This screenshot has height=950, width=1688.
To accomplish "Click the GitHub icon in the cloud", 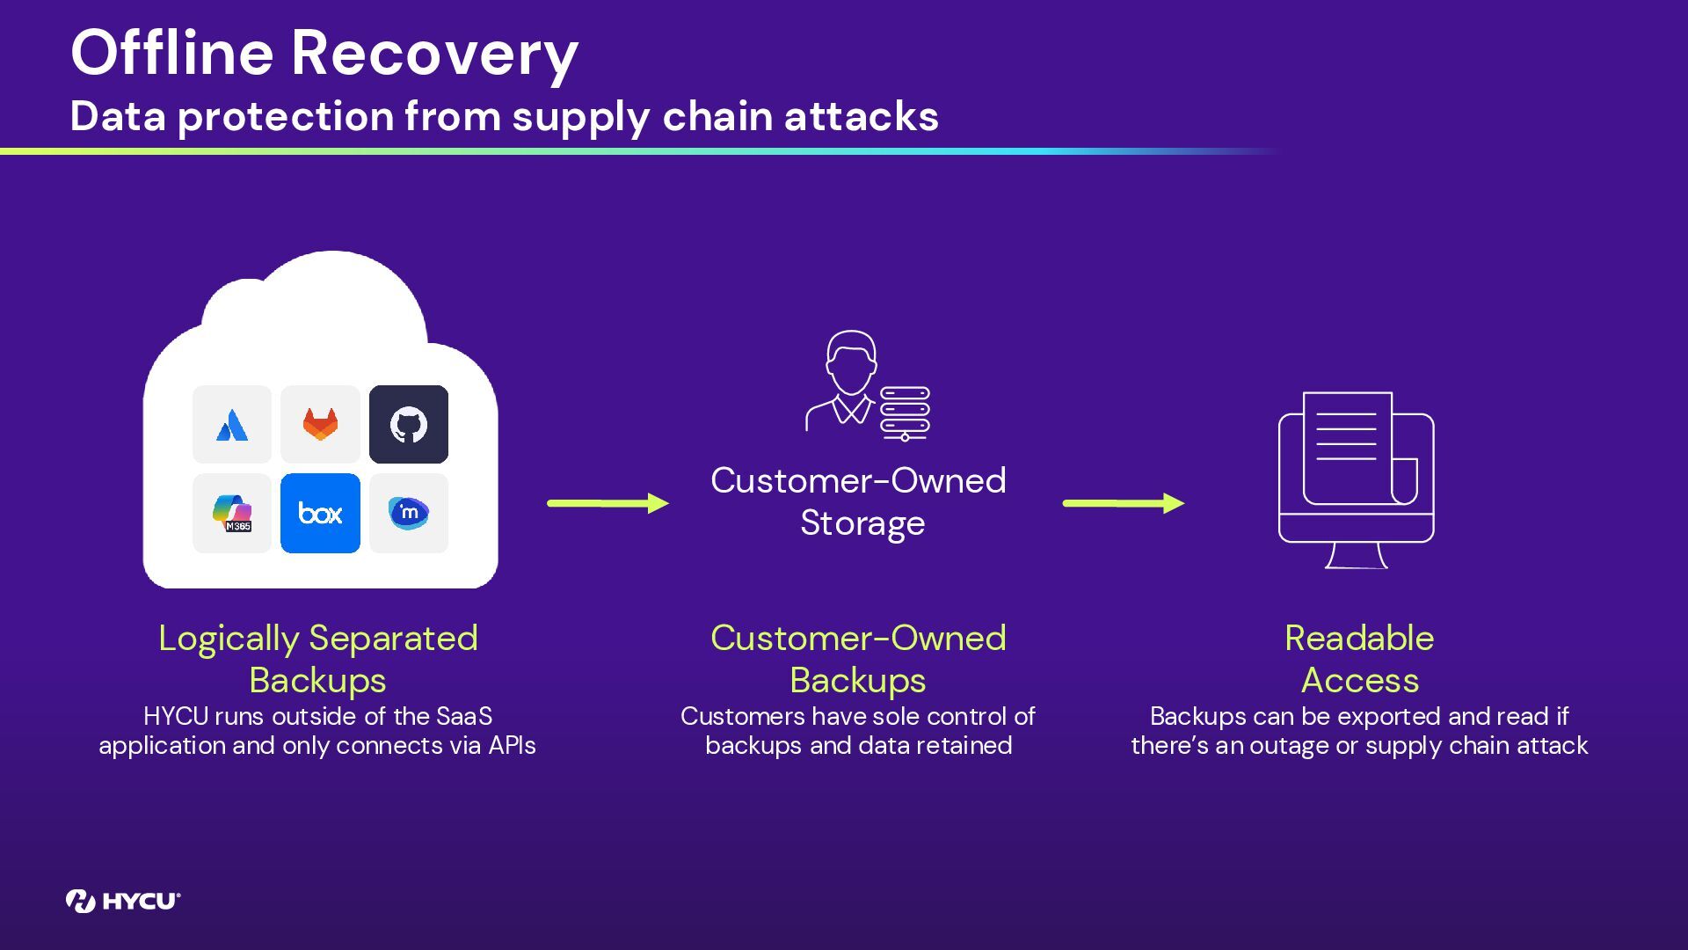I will tap(408, 425).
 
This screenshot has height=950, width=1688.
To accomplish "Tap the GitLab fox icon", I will tap(320, 425).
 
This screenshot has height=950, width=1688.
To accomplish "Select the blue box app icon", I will tap(320, 514).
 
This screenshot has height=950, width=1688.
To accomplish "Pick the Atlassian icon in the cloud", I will tap(232, 425).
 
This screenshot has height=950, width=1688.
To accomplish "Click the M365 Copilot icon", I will tap(232, 514).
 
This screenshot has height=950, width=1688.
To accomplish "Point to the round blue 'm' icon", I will tap(408, 514).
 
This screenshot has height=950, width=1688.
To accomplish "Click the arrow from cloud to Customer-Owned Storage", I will tap(608, 503).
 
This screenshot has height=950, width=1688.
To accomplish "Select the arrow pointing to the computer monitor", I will tap(1123, 503).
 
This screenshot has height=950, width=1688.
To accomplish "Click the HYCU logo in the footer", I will tap(123, 901).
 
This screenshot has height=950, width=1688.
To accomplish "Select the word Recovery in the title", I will tap(434, 53).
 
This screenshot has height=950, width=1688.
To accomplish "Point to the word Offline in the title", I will tap(172, 53).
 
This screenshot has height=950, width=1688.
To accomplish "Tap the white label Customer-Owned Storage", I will tap(859, 501).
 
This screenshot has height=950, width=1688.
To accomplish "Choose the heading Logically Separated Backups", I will tap(317, 659).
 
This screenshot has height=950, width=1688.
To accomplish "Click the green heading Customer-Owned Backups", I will tap(858, 659).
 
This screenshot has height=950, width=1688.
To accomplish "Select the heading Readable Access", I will tap(1359, 659).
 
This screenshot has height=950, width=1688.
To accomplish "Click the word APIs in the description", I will tap(512, 746).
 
